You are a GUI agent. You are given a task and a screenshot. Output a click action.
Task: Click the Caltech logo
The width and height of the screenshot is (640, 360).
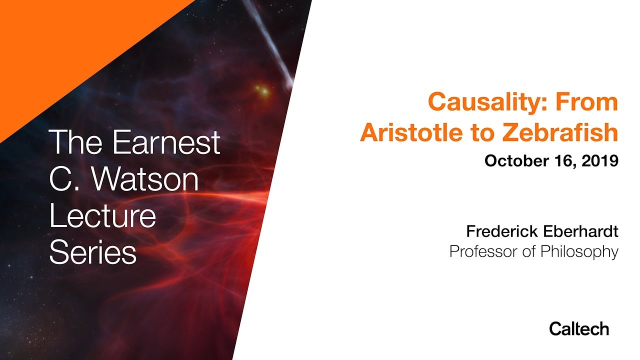click(579, 328)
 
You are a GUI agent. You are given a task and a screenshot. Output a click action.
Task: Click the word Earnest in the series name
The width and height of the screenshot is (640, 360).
click(166, 142)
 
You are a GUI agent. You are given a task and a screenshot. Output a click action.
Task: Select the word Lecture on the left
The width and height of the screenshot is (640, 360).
click(102, 216)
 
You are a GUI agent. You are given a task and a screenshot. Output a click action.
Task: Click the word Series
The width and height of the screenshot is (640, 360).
click(93, 252)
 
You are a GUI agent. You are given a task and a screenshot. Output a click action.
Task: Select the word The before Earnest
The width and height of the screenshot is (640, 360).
click(77, 142)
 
